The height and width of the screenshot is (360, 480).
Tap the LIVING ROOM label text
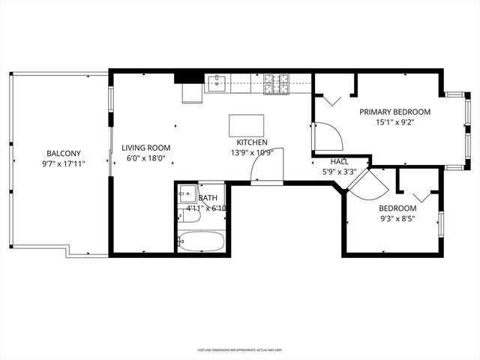point(146,148)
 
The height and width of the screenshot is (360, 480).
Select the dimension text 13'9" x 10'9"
point(251,152)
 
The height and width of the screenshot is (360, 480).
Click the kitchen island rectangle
point(247,124)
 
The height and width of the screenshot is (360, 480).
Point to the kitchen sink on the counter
point(217,82)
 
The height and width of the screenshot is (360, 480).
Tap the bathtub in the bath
point(201,241)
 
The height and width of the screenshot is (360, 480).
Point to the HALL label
point(339,161)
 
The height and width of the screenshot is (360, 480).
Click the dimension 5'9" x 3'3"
point(339,171)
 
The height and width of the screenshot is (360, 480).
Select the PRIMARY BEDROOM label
point(394,112)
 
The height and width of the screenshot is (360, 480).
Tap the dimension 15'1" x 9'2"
point(394,123)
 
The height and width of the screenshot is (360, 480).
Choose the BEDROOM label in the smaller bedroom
point(397,208)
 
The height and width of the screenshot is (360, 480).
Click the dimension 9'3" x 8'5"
point(397,219)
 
